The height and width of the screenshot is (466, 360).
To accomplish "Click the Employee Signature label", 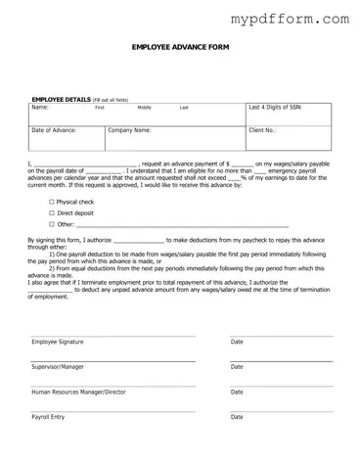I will tap(58, 342).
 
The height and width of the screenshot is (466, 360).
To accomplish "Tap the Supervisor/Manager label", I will tap(58, 367).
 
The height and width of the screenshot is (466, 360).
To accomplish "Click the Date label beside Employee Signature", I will tap(237, 342).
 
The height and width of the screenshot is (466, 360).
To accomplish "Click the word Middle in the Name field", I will tap(145, 108).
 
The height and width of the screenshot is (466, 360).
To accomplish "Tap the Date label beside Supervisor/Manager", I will tap(237, 367).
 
